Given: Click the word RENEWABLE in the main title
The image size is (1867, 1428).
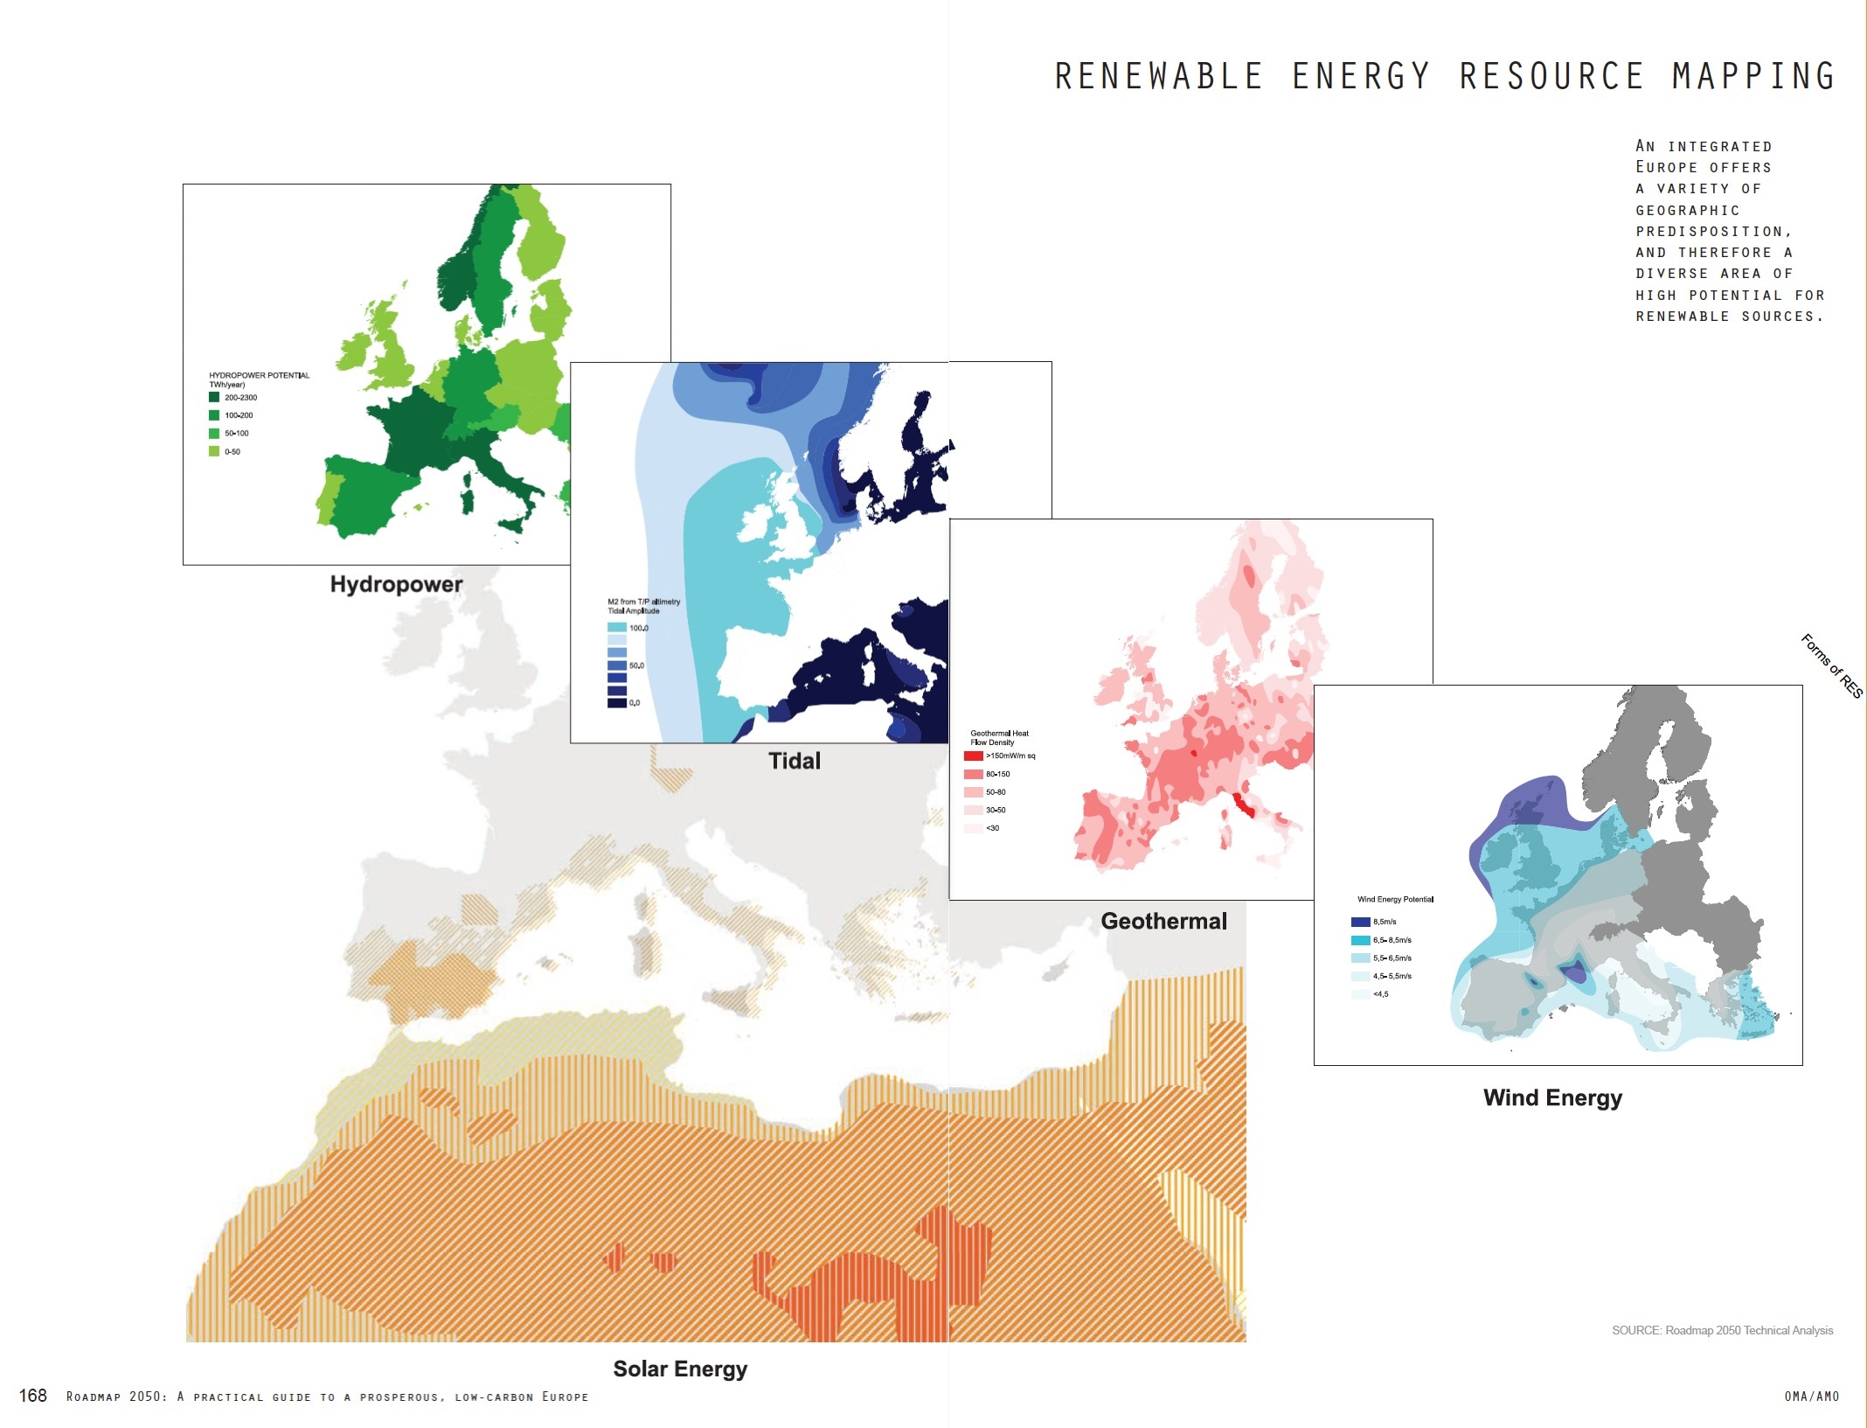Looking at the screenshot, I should coord(1158,77).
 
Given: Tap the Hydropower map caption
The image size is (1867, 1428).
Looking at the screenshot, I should coord(396,584).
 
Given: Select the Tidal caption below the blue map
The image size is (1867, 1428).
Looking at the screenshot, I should coord(794,761).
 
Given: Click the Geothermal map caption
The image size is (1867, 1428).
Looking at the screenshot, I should coord(1163,921).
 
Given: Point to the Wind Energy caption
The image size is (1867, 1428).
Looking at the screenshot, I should coord(1552,1097).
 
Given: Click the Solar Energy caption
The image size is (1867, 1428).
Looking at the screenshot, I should coord(680,1369).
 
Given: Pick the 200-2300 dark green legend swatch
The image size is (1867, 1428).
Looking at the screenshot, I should coord(214,397).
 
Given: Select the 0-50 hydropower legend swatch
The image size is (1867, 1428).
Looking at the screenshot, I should coord(214,451).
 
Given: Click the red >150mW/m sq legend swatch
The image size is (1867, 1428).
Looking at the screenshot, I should coord(973,756).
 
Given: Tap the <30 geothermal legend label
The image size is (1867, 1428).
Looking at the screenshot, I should coord(992,828).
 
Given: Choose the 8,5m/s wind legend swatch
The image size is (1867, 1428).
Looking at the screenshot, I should coord(1360,922).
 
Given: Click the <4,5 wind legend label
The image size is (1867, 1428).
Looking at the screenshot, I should coord(1381,994).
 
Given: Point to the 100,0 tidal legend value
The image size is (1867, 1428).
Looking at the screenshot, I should coord(639,628).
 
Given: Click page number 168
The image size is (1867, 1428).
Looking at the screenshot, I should coord(33,1396).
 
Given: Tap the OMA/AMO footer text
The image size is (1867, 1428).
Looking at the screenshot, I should coord(1811,1397).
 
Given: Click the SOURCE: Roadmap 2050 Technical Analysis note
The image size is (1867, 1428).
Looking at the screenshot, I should coord(1722,1330).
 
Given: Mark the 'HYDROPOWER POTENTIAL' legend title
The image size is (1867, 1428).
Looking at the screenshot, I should coord(259,375).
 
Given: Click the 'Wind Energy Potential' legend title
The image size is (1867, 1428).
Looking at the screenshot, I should coord(1395,899).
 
